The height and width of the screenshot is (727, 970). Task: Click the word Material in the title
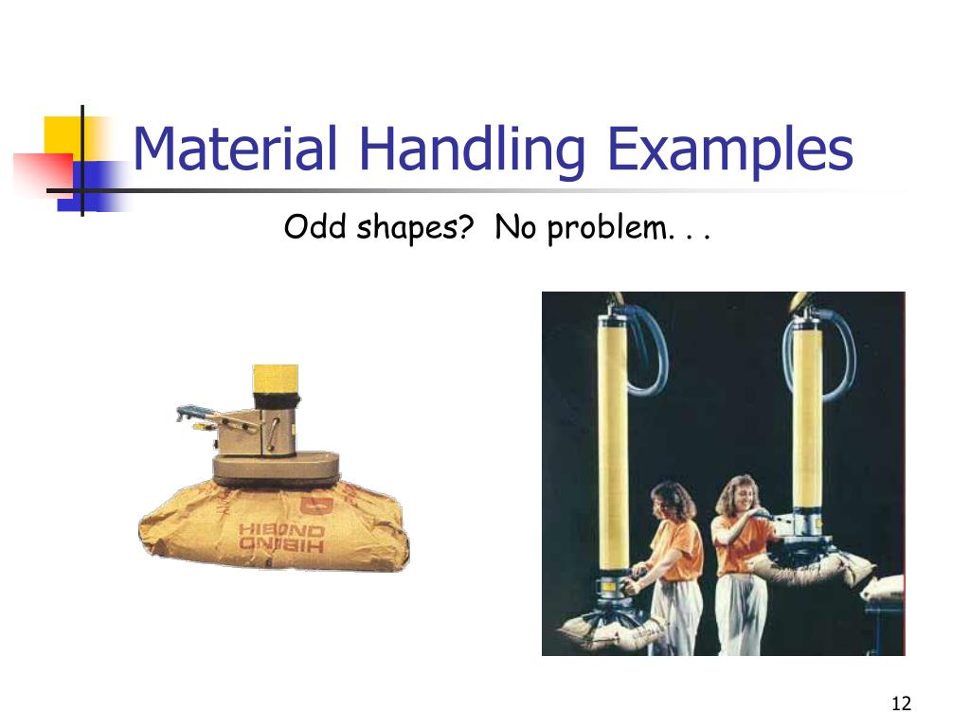[x=235, y=150]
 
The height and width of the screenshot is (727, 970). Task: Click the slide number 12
[x=900, y=703]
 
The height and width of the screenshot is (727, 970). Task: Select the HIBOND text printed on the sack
[x=281, y=538]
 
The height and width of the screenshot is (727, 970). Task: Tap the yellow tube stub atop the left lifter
[x=276, y=382]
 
